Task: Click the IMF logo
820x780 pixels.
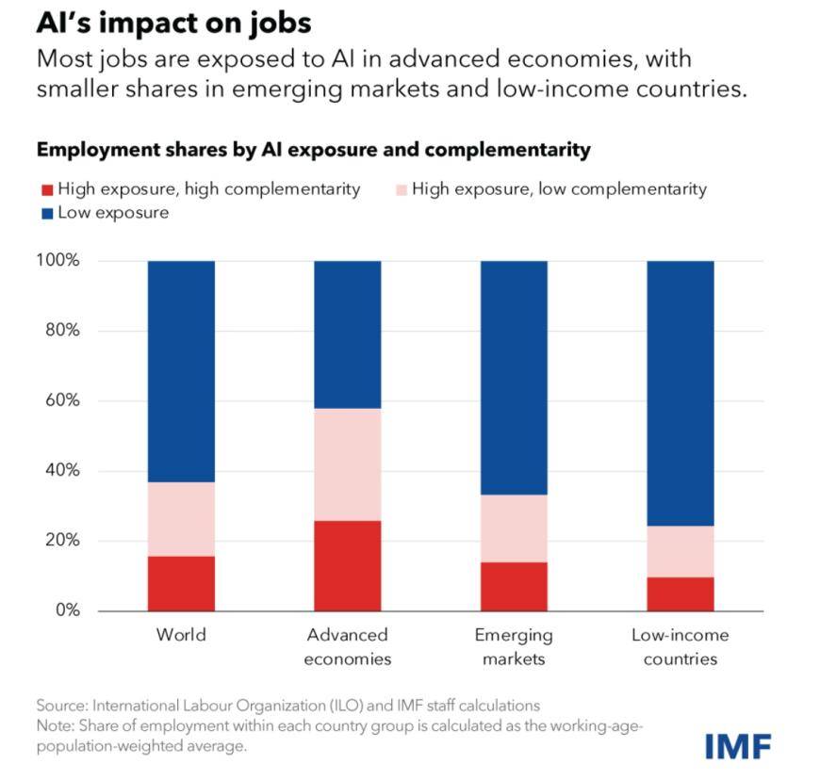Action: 738,747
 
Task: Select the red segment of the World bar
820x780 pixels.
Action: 181,583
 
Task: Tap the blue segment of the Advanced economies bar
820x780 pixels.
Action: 347,333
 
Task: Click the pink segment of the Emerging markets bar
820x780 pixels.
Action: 514,528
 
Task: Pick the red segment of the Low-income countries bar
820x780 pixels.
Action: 680,593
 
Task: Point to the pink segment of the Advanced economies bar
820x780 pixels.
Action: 347,464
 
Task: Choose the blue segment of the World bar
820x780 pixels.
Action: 181,371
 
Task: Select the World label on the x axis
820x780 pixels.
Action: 181,635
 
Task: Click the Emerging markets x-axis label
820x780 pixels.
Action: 514,646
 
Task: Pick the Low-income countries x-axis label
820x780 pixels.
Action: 680,646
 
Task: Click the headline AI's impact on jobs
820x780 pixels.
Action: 173,23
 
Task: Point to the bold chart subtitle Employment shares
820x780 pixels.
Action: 312,150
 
